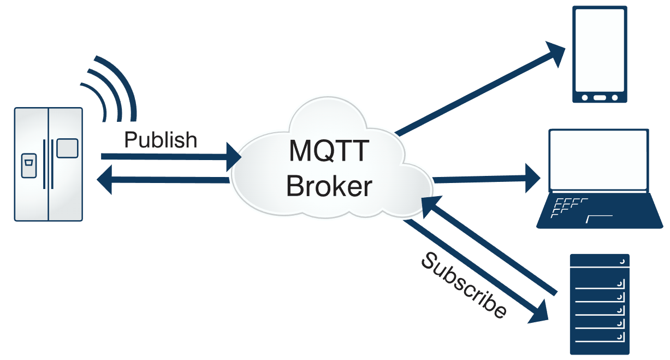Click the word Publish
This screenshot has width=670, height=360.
pyautogui.click(x=161, y=140)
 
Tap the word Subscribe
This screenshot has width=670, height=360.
pyautogui.click(x=464, y=286)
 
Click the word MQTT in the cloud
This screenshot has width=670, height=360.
pyautogui.click(x=329, y=151)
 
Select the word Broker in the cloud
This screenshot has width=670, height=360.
pyautogui.click(x=329, y=186)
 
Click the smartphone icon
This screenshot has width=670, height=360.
pyautogui.click(x=600, y=54)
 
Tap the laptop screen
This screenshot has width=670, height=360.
pyautogui.click(x=599, y=160)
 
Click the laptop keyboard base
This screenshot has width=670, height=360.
pyautogui.click(x=600, y=211)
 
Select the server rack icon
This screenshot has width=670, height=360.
pyautogui.click(x=600, y=304)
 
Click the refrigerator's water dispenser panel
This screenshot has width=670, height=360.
pyautogui.click(x=29, y=166)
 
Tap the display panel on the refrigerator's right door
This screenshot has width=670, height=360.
pyautogui.click(x=67, y=148)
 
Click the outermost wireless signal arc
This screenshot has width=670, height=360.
pyautogui.click(x=116, y=88)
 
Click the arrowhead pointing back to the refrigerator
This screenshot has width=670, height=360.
pyautogui.click(x=104, y=180)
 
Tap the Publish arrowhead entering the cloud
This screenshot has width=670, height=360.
pyautogui.click(x=234, y=157)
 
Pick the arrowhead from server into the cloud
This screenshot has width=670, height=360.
pyautogui.click(x=431, y=206)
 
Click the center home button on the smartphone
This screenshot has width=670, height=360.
pyautogui.click(x=600, y=98)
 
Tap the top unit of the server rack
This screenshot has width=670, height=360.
pyautogui.click(x=600, y=261)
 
